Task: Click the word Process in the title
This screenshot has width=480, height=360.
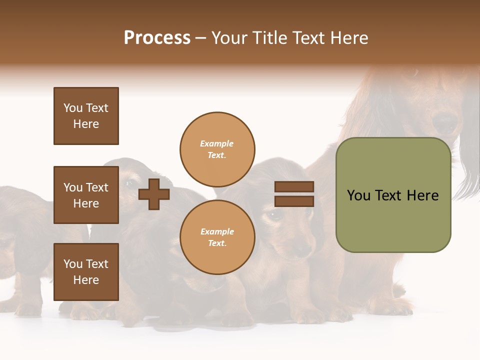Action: pos(157,38)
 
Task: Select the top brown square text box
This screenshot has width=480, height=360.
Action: pos(86,116)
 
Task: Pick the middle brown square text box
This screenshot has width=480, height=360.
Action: pos(86,195)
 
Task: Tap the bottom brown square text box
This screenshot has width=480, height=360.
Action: pos(86,272)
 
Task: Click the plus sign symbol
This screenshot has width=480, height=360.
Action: pos(154,194)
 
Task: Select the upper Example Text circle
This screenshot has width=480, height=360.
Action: pos(217,149)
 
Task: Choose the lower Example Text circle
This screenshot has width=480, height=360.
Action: pos(217,237)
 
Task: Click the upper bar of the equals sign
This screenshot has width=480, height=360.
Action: pos(294,186)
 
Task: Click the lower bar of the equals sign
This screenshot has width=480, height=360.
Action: pos(294,201)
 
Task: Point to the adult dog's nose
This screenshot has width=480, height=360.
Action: pos(444,121)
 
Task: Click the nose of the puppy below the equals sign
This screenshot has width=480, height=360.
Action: pos(301,248)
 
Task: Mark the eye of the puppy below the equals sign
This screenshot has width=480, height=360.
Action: pos(274,215)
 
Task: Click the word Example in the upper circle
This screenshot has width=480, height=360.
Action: pos(217,143)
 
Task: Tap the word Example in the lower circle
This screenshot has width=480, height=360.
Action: pos(217,231)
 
